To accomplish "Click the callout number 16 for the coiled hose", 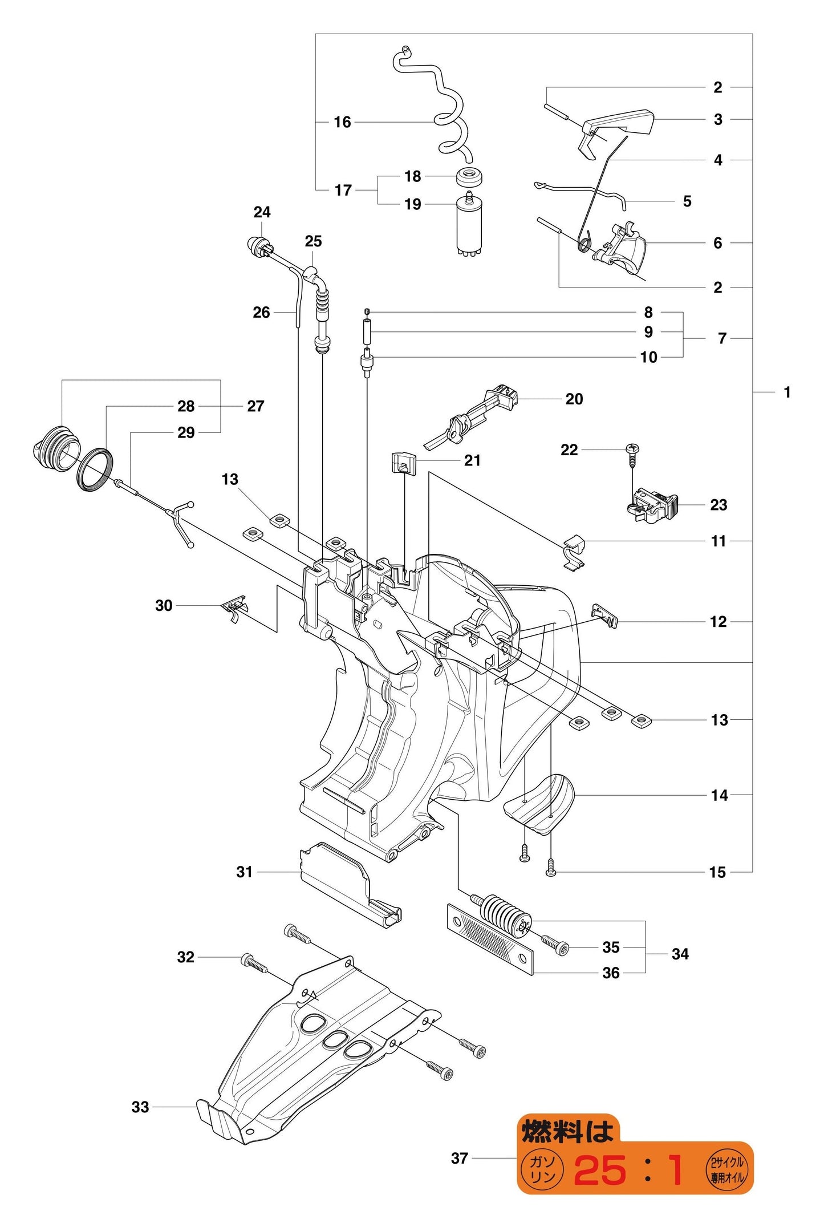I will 342,122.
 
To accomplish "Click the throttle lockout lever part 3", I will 619,124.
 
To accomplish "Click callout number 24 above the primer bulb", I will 262,212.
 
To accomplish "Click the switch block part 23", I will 653,505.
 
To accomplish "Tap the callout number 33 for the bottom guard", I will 140,1107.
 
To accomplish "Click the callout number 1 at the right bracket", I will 787,392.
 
